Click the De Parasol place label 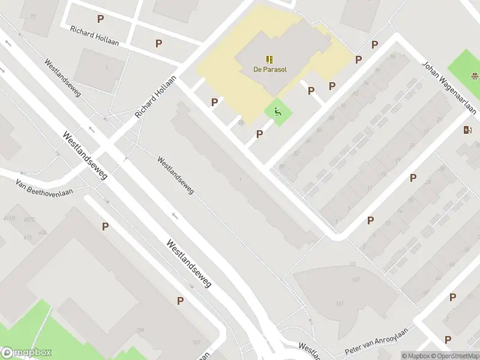(269, 69)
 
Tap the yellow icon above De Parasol (269, 59)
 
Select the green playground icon (277, 110)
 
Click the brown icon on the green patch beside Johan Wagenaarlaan (475, 76)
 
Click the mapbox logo (26, 353)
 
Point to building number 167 (339, 279)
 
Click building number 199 (140, 331)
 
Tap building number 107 (196, 342)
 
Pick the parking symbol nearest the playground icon (260, 134)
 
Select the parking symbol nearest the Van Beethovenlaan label (105, 226)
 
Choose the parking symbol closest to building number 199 (180, 301)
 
